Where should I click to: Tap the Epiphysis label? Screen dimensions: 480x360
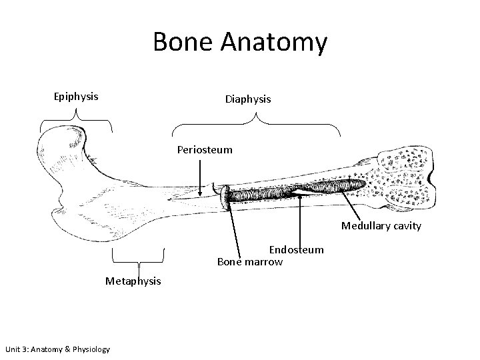pos(76,96)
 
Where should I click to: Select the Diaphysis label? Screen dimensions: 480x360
pos(248,99)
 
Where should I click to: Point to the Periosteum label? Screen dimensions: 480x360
pos(205,149)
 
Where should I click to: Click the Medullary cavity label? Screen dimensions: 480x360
pos(381,226)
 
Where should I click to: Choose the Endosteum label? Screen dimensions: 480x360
pos(296,249)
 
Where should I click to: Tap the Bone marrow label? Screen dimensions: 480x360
pos(250,261)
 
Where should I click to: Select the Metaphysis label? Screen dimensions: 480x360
pos(133,281)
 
